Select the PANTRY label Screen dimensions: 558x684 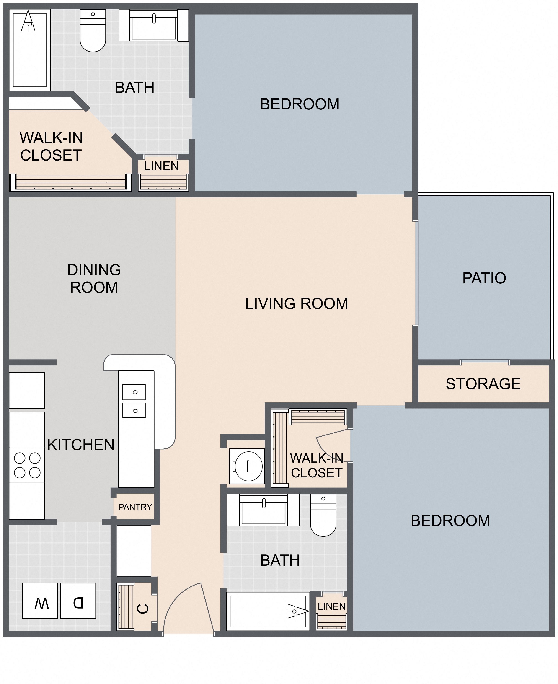tap(135, 507)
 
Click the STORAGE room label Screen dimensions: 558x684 tap(483, 384)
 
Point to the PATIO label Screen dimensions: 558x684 tap(484, 278)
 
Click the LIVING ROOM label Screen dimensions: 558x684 tap(296, 304)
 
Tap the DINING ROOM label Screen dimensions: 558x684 tap(94, 278)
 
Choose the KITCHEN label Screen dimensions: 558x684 tap(81, 445)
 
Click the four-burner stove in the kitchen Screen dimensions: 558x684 tap(27, 465)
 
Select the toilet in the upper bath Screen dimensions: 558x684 tap(93, 30)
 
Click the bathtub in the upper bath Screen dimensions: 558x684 tap(30, 50)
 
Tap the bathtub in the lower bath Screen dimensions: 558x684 tap(268, 611)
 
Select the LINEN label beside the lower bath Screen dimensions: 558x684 tap(331, 606)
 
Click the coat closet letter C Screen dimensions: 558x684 tap(143, 609)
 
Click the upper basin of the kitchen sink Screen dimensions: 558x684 tap(134, 392)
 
